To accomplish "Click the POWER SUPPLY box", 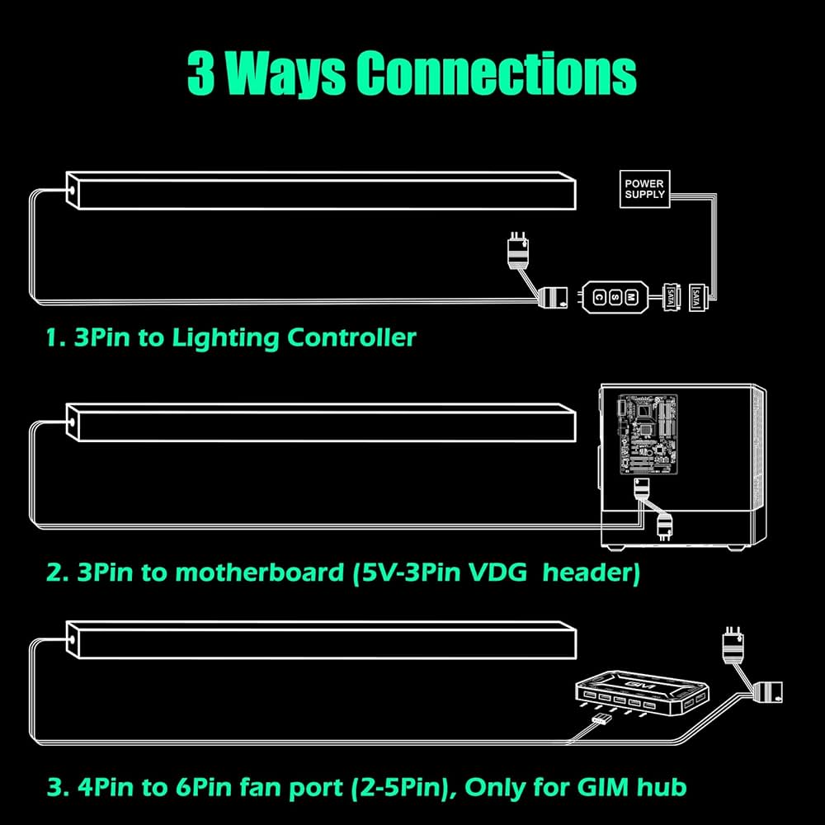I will (644, 188).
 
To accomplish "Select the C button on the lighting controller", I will (598, 295).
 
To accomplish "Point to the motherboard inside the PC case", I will (648, 434).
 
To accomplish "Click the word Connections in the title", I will (497, 73).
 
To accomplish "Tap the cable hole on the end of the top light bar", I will (73, 189).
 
